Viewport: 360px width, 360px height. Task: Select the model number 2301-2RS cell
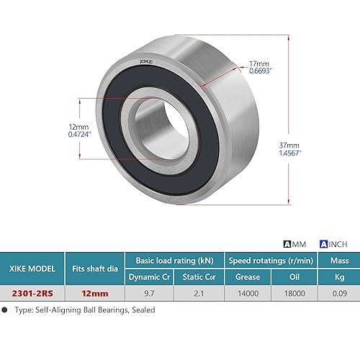coord(34,293)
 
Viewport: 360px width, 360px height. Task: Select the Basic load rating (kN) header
coord(174,258)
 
